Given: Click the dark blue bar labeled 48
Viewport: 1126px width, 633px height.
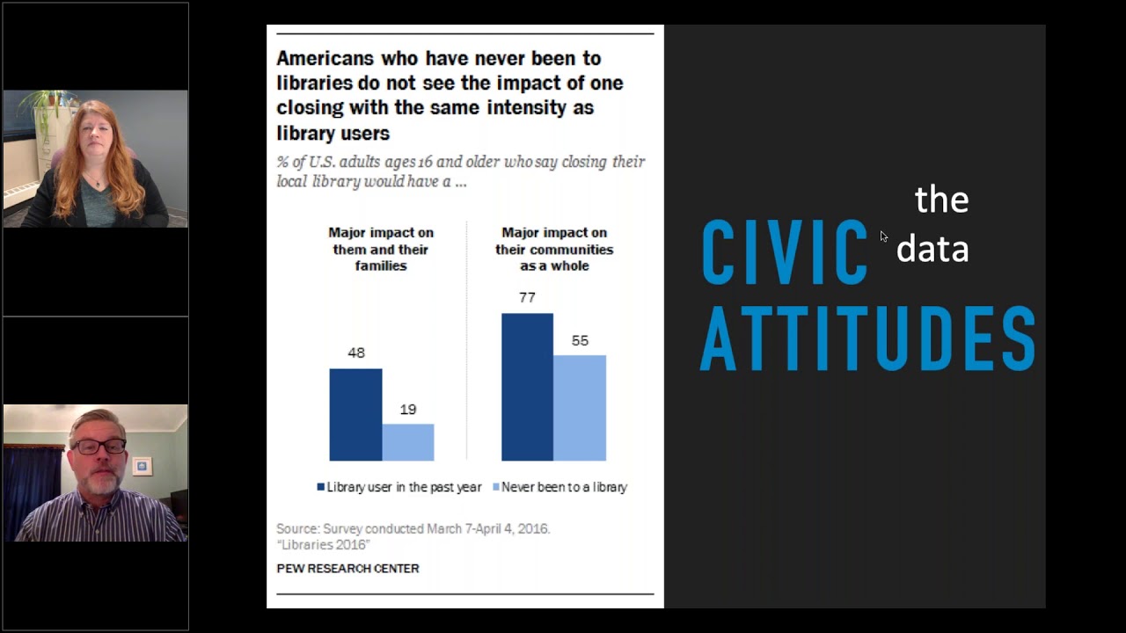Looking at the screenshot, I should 355,414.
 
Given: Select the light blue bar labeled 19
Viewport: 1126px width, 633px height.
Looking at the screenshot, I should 408,442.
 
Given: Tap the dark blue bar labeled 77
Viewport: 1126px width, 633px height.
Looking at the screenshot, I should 527,387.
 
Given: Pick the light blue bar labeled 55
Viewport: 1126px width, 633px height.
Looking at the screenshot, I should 580,408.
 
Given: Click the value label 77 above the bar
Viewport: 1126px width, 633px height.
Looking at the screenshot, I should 527,297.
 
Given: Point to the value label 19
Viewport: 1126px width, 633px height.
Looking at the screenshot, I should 407,409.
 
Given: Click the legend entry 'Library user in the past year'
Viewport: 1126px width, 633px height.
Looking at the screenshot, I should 400,487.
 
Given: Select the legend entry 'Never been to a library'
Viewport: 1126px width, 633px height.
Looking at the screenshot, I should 563,487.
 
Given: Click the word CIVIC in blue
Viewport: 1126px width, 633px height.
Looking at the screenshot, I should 784,253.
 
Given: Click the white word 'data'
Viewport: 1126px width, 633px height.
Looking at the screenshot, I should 932,249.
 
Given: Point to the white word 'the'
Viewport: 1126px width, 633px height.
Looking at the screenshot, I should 941,200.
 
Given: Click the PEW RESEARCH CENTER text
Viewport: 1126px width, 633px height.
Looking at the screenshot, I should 347,569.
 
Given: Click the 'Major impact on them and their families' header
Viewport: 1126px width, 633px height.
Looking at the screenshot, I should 381,249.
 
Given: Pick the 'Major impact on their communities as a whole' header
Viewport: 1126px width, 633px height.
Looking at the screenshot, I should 554,249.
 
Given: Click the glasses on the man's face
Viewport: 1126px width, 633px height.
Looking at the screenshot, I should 102,447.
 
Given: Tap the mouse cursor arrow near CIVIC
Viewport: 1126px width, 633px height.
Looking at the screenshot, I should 883,236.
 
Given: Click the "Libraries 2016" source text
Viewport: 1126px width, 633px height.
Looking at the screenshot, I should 323,545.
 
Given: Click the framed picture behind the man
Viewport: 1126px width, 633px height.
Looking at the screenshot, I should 142,465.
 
